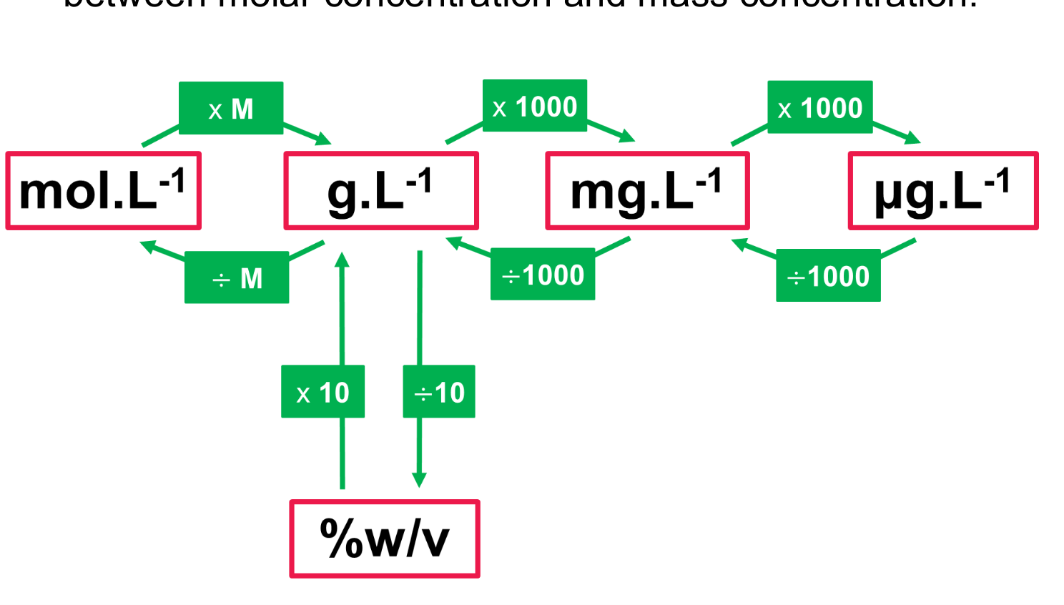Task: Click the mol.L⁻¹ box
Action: point(104,190)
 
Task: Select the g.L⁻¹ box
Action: point(381,190)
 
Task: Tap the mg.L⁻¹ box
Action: point(647,190)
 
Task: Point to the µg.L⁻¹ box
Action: point(943,190)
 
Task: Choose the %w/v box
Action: point(385,538)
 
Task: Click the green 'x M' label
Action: point(231,108)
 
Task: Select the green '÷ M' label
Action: point(237,277)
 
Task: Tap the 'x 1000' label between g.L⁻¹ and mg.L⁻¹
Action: point(535,106)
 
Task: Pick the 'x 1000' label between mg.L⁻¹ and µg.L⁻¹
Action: point(820,107)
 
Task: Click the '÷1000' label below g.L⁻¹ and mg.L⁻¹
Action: point(543,274)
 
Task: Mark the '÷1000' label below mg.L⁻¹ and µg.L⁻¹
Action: point(828,275)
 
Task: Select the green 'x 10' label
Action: point(322,392)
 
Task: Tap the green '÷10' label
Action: point(439,392)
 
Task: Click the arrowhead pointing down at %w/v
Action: point(420,480)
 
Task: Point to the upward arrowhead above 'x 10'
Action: point(343,260)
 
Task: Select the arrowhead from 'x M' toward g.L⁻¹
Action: point(323,138)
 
